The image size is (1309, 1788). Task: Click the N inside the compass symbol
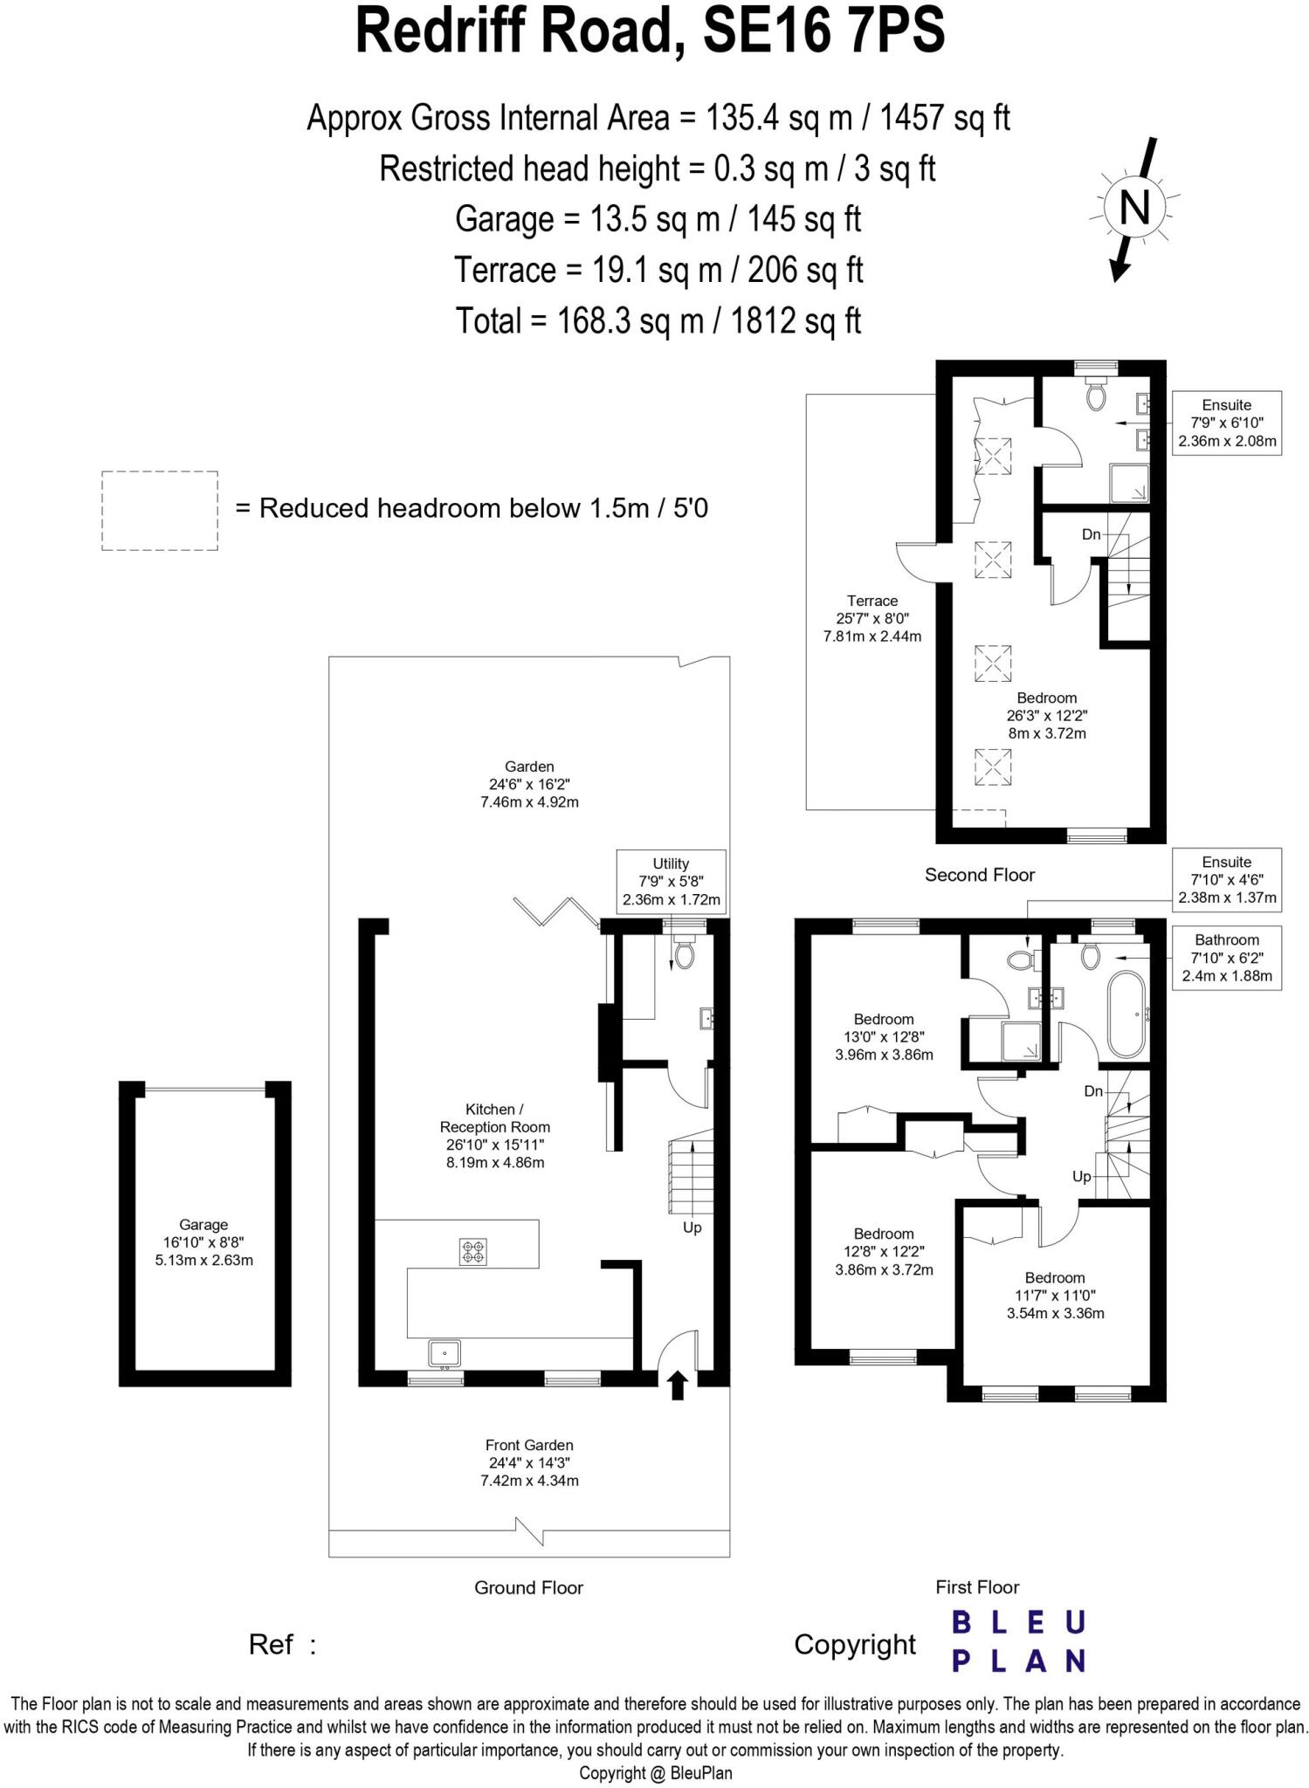click(x=1133, y=209)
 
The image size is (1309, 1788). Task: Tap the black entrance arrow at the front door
click(x=678, y=1384)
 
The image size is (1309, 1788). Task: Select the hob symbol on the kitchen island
click(x=473, y=1252)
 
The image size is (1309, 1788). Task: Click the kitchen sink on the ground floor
click(x=444, y=1353)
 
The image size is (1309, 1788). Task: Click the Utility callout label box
click(x=671, y=881)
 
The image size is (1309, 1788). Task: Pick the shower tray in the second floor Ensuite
click(x=1130, y=483)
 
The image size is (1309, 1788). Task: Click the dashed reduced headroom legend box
click(x=160, y=511)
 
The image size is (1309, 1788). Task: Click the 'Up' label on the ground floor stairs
click(x=692, y=1228)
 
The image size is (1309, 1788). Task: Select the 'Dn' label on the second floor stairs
click(x=1091, y=534)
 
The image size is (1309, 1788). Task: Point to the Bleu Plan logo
click(x=1017, y=1641)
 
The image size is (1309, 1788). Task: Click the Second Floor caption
click(x=979, y=875)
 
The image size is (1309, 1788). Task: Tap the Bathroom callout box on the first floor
click(x=1226, y=958)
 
